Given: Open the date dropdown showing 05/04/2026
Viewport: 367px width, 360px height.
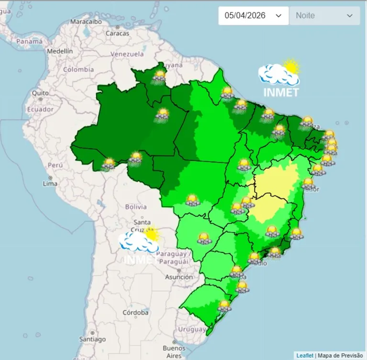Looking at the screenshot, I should point(253,15).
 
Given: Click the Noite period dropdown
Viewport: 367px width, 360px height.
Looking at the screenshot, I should point(324,15).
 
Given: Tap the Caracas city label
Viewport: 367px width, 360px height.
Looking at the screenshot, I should point(117,33).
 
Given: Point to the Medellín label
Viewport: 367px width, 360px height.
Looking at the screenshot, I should point(60,51).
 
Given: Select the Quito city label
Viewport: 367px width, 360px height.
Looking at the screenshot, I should point(40,93).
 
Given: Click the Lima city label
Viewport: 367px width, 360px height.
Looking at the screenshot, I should point(50,183).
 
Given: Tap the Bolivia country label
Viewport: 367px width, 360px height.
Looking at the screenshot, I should point(135,207).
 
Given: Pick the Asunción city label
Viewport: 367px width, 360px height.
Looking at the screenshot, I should point(179,277).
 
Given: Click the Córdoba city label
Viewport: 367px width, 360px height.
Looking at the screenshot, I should point(135,313).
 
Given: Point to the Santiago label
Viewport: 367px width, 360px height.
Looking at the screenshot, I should point(92,339).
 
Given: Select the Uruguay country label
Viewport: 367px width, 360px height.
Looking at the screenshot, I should point(191,329).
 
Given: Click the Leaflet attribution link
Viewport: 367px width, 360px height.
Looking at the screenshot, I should point(305,355).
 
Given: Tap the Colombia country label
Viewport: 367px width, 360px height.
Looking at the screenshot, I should point(78,69).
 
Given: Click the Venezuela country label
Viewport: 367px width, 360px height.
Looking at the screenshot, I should point(127,54).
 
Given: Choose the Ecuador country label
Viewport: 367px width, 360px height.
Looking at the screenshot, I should point(40,109).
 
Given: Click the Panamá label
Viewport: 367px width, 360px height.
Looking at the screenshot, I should point(30,42).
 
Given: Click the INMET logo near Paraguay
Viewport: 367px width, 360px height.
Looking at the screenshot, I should point(139,246).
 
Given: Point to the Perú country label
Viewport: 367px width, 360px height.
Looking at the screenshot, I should point(55,165).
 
